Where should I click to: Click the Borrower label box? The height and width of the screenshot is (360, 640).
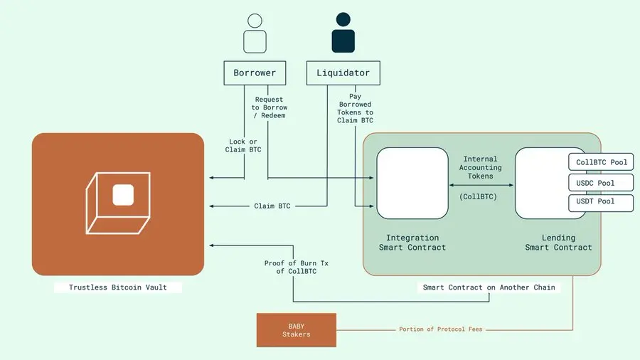255,73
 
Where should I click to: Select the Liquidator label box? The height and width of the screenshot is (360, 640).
343,73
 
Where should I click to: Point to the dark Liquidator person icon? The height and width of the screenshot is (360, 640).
343,33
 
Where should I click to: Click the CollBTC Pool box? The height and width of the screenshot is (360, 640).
602,162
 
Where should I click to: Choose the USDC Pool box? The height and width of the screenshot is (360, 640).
602,183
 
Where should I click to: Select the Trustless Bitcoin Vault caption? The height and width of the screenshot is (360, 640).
118,287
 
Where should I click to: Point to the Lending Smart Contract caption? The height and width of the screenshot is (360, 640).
558,243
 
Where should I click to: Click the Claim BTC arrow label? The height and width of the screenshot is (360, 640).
272,206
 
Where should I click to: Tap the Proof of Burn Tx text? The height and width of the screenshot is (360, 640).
292,268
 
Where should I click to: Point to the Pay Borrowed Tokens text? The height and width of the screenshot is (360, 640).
355,108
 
